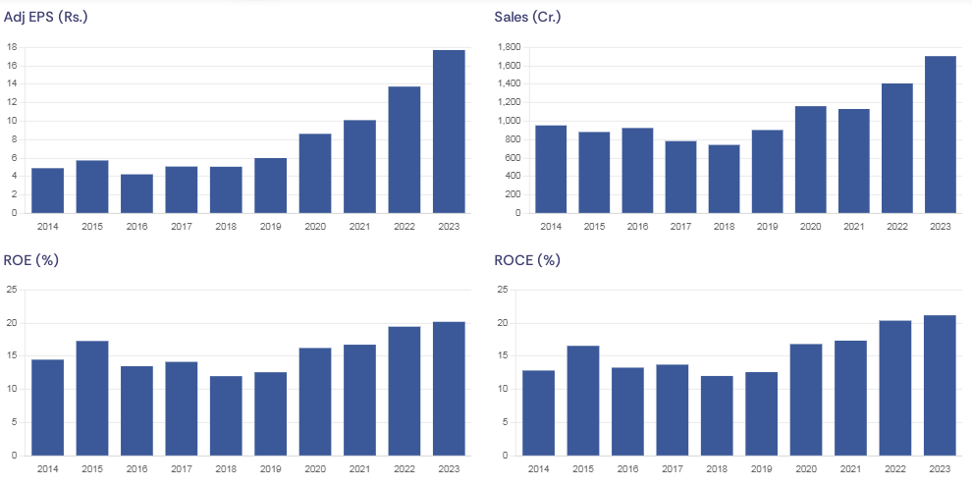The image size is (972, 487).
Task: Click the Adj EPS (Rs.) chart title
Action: [x=46, y=17]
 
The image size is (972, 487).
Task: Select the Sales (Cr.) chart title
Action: [x=527, y=17]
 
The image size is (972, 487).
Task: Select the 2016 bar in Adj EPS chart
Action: [x=136, y=193]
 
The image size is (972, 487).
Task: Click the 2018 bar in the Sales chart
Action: [x=724, y=179]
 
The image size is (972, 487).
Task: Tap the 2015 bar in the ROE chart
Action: [x=92, y=398]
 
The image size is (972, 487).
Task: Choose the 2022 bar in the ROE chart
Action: [x=405, y=391]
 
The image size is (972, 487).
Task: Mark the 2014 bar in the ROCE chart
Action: [x=538, y=412]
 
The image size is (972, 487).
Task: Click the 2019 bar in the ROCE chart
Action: [x=761, y=413]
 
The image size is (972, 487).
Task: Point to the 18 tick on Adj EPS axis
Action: [x=12, y=47]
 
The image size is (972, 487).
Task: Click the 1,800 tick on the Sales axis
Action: [x=508, y=47]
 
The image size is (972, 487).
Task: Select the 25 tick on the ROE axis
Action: [x=12, y=290]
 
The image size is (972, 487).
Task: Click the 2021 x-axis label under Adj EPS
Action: [x=359, y=227]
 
